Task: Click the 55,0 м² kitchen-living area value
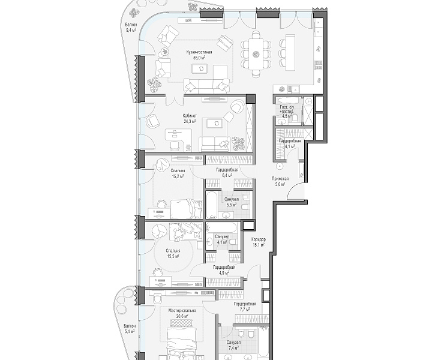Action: (199, 58)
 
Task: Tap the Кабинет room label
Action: (190, 116)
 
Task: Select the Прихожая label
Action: (280, 179)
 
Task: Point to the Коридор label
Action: (259, 239)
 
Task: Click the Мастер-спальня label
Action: (182, 311)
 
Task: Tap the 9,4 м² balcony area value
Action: (131, 30)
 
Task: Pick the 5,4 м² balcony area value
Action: (129, 331)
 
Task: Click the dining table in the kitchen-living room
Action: (257, 54)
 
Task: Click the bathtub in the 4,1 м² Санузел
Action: (221, 228)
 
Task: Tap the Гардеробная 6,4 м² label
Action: (227, 172)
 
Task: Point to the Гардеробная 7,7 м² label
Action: (245, 307)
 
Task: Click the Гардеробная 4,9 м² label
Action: (224, 270)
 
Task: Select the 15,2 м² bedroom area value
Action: (178, 176)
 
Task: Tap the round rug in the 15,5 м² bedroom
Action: (173, 253)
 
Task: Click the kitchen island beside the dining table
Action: (290, 52)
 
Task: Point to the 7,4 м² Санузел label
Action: (233, 345)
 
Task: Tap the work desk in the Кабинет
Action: (176, 135)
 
